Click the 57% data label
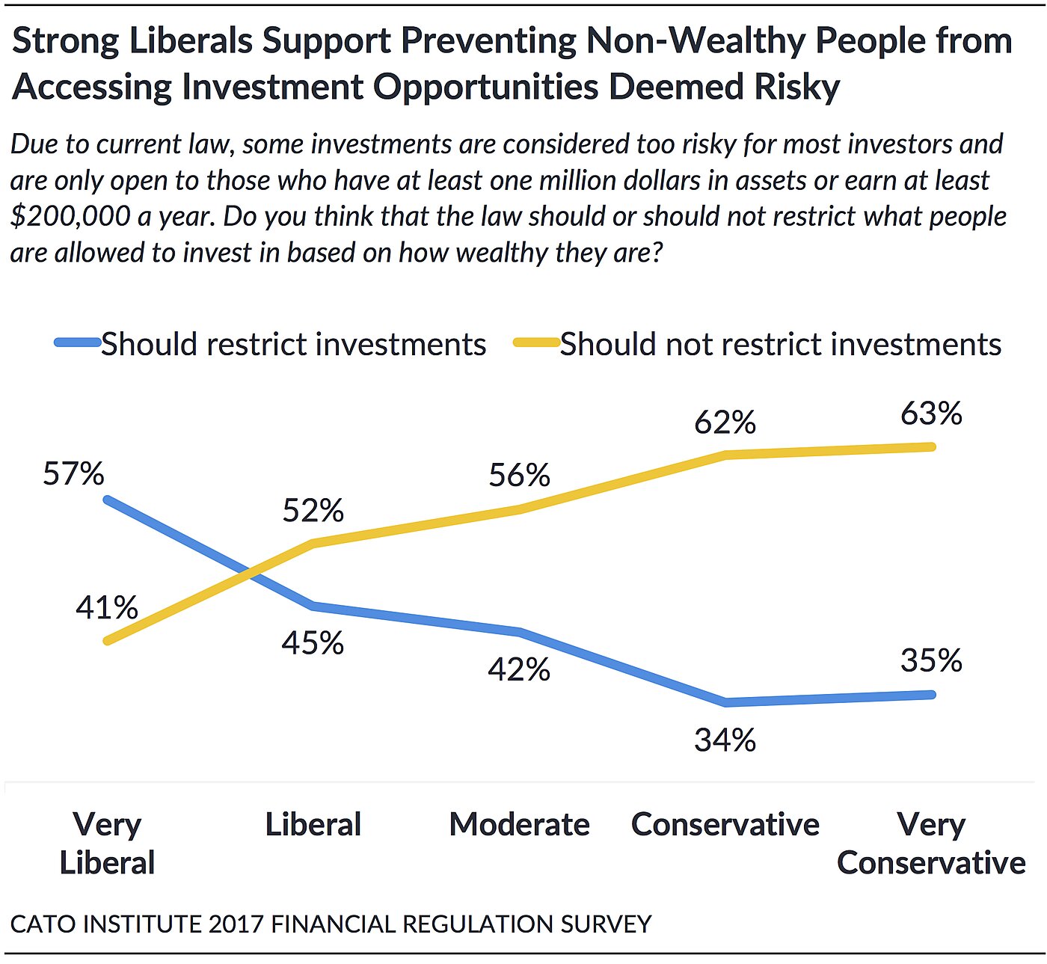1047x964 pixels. point(73,474)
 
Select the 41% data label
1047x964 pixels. point(107,607)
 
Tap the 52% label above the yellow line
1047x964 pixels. point(313,511)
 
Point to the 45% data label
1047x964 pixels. point(313,643)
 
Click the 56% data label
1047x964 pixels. point(519,476)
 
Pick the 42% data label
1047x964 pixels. point(519,669)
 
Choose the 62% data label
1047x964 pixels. point(725,423)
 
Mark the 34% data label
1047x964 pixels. point(725,740)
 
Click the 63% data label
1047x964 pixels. point(931,414)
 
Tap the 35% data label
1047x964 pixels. point(931,660)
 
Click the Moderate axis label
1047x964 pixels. point(519,824)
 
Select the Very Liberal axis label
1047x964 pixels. point(107,844)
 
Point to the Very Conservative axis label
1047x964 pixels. point(931,844)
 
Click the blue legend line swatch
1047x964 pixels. point(78,343)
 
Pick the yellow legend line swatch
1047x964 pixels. point(536,343)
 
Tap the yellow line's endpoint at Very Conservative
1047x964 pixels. point(931,447)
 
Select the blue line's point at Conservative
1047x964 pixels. point(725,702)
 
